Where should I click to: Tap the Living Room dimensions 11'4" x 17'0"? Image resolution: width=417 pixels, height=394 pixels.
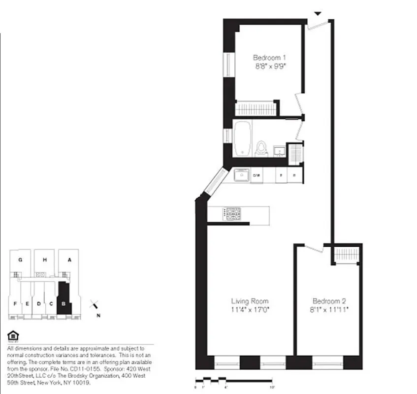pos(250,310)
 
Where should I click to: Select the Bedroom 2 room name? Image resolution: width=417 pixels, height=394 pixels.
pos(326,301)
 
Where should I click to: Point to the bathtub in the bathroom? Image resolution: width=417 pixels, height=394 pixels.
pos(242,138)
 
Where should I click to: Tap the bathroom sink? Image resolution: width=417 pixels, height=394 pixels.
pos(279,150)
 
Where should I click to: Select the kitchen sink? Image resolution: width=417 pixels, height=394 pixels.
pos(242,175)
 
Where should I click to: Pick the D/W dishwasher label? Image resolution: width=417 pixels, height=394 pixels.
pos(257,175)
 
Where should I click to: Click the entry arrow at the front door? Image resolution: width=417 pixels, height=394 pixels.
pos(318,13)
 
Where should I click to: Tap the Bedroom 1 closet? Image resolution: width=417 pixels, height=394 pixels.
pos(256,108)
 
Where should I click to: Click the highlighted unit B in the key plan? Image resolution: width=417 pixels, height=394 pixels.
pos(64,299)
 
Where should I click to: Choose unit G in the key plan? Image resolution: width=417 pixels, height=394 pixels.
pos(20,260)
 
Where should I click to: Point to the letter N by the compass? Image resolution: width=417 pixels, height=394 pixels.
pos(98,316)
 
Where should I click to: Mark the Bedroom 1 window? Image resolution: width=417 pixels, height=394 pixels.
pos(228,64)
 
